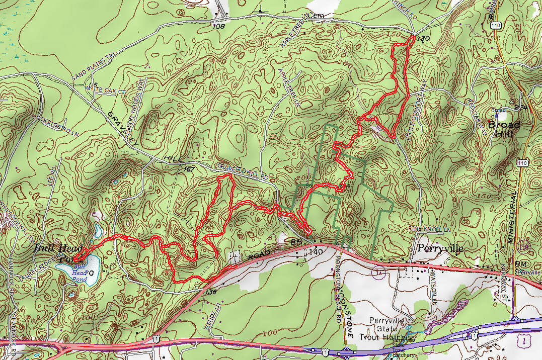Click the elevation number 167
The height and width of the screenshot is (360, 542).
pos(189,169)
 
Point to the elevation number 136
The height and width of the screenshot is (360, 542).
pos(211,292)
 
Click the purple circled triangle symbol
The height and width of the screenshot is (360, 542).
pos(375,272)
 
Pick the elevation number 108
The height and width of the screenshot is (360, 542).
pos(219,26)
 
